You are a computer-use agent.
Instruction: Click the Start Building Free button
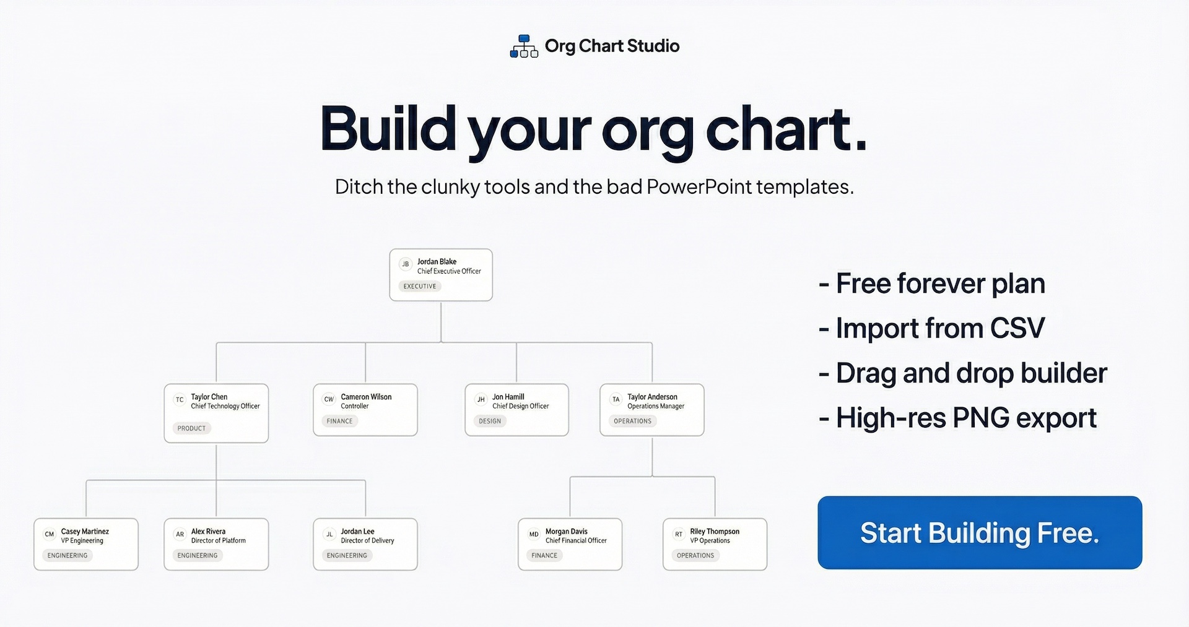(980, 532)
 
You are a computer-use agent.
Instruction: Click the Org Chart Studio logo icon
(524, 46)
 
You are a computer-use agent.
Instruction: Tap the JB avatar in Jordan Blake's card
(406, 264)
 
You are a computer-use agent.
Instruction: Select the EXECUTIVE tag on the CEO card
(420, 286)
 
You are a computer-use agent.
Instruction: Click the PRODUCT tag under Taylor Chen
(191, 428)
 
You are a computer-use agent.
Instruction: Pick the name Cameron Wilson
(366, 397)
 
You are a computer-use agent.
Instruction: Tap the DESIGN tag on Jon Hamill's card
(490, 421)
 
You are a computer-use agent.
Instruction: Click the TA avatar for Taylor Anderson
(616, 400)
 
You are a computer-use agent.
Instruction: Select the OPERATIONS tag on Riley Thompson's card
(695, 555)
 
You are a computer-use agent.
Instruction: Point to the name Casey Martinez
(85, 531)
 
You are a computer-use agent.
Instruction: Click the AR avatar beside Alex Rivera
(180, 534)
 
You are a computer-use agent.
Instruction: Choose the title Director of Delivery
(367, 540)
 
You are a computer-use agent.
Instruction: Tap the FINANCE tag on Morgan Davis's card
(544, 555)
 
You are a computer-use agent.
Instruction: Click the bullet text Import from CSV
(931, 328)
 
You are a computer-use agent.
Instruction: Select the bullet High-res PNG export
(957, 418)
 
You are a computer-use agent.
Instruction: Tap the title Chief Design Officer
(520, 406)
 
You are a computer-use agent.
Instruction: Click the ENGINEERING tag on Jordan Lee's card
(347, 555)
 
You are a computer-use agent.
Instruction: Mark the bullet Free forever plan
(932, 283)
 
